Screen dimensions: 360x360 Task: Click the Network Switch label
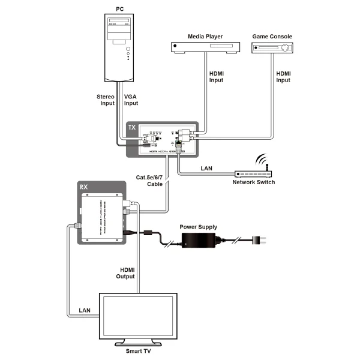pos(254,182)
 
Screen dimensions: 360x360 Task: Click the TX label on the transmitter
pos(133,128)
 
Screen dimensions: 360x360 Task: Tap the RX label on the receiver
pos(84,187)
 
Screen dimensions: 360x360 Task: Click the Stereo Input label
pos(106,99)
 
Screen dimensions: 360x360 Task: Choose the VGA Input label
pos(131,99)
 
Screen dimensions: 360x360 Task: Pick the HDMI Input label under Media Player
pos(217,77)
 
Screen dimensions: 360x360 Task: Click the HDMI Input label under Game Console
pos(284,77)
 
